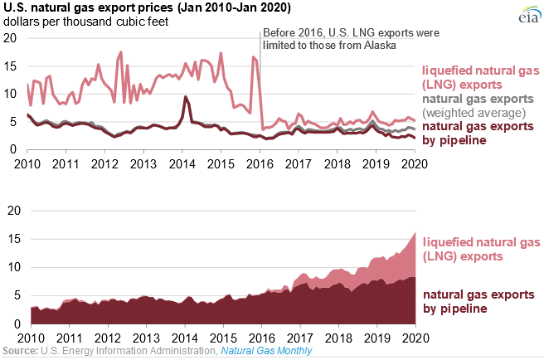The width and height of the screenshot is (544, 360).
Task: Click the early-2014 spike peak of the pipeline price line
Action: (185, 98)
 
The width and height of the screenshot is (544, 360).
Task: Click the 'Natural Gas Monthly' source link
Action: (267, 353)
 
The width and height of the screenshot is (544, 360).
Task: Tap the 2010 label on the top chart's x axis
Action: (28, 163)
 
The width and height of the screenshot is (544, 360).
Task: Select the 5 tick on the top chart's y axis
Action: (12, 122)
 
